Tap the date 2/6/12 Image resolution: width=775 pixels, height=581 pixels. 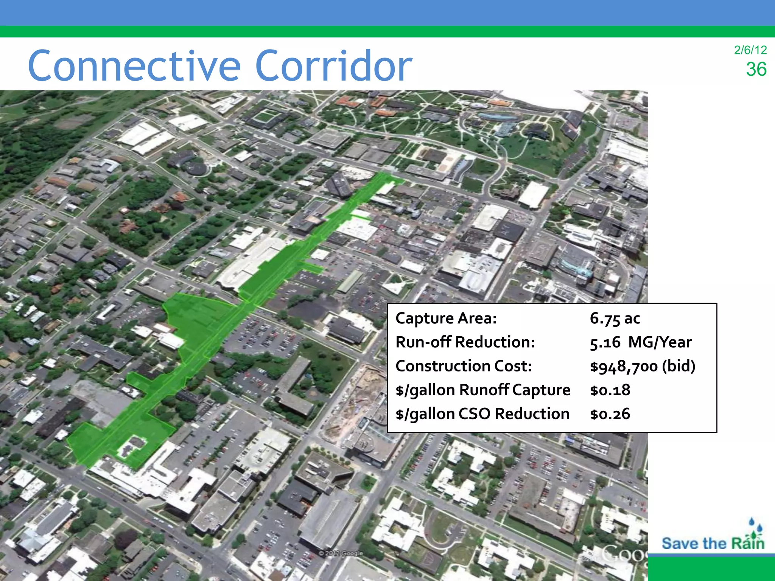tap(750, 50)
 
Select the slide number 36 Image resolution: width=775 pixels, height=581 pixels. tap(756, 70)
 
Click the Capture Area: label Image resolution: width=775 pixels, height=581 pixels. tap(446, 318)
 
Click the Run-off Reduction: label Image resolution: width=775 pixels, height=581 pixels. tap(465, 342)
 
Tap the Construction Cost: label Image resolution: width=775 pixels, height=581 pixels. tap(464, 366)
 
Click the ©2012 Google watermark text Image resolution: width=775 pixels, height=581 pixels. tap(341, 553)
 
